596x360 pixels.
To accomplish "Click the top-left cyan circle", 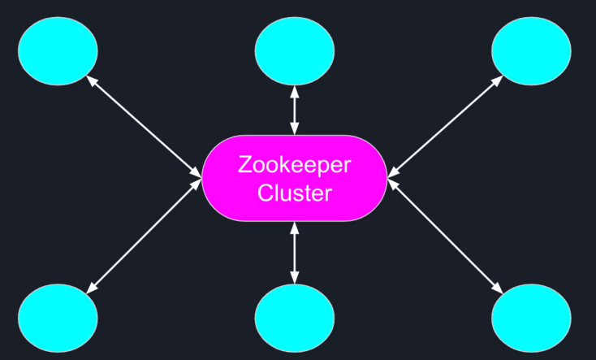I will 58,50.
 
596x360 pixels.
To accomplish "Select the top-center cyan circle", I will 294,51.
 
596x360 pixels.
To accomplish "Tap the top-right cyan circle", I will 531,50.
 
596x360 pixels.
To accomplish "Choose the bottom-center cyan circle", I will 294,316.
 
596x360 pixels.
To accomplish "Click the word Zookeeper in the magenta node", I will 294,165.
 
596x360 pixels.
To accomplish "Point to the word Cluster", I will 294,193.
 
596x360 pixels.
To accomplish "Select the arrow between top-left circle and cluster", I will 144,127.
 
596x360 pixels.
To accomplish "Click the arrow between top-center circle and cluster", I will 294,111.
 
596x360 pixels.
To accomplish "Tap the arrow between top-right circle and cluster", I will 445,127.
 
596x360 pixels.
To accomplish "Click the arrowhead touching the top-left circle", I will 91,80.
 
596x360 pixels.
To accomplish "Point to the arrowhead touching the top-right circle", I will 498,80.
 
